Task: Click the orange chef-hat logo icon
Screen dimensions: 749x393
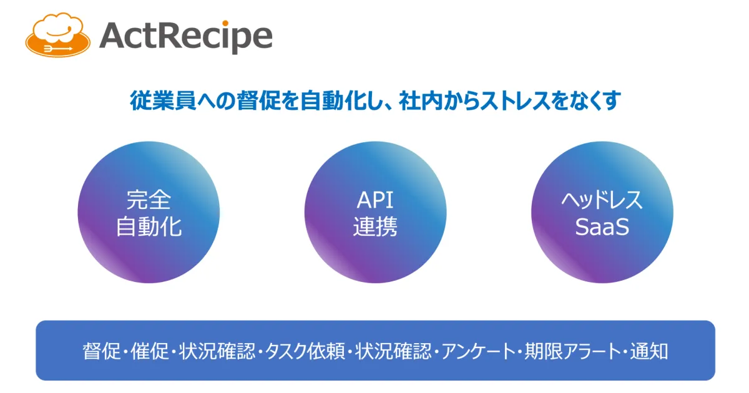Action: tap(58, 35)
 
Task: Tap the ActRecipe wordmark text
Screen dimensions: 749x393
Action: tap(186, 37)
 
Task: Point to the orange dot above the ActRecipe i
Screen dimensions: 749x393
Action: tap(225, 23)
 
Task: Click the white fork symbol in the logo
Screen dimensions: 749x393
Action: tap(57, 49)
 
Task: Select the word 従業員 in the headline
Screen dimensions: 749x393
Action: tap(163, 100)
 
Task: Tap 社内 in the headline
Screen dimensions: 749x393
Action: tap(421, 100)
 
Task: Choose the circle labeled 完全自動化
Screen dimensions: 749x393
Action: tap(149, 212)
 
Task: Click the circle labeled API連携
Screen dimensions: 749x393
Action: tap(375, 212)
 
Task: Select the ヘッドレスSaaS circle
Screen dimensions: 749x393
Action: tap(602, 212)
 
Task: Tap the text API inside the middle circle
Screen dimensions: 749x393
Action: tap(375, 200)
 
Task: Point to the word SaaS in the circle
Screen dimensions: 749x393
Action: tap(602, 227)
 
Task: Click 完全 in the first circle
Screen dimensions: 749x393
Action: tap(149, 200)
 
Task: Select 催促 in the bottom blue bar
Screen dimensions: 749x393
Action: tap(149, 351)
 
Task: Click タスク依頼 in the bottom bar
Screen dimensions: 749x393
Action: tap(305, 351)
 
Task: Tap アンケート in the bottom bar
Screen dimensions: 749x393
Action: tap(479, 351)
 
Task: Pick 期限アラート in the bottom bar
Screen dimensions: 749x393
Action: tap(573, 351)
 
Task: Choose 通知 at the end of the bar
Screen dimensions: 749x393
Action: tap(649, 351)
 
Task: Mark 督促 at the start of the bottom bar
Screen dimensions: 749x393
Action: tap(102, 351)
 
